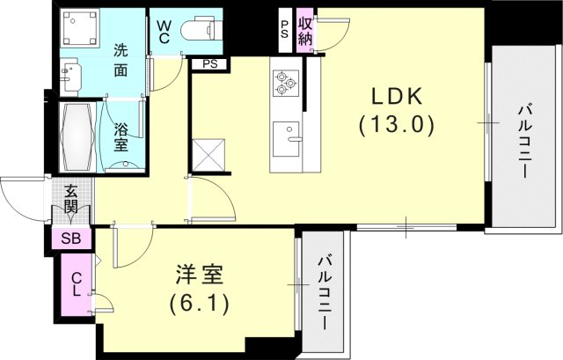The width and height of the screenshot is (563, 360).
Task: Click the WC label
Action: (x=165, y=32)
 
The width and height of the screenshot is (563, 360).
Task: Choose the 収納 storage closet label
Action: (x=305, y=31)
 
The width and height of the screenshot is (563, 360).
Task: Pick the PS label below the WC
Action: (x=210, y=64)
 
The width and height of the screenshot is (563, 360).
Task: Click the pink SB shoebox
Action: (x=68, y=239)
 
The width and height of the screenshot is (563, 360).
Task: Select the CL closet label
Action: (x=77, y=284)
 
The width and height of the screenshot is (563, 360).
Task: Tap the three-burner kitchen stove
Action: (x=286, y=82)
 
